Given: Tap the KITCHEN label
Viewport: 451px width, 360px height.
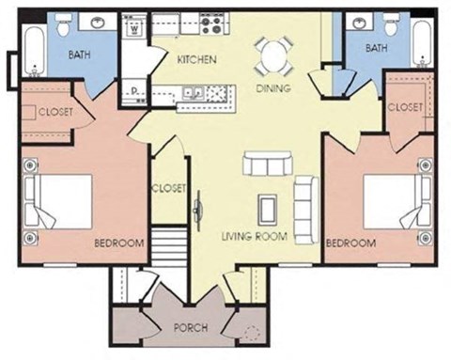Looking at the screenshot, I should (x=197, y=60).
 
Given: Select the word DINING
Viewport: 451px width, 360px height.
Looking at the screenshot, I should (x=272, y=88).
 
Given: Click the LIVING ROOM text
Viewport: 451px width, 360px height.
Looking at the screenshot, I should (x=255, y=236).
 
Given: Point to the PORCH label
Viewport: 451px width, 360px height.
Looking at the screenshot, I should (x=191, y=328).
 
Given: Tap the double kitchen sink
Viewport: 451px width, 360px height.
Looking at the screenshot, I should (x=193, y=93).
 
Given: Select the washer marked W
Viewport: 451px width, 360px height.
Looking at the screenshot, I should (x=136, y=28).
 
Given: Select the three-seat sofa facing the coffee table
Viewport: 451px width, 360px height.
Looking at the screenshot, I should (x=266, y=164).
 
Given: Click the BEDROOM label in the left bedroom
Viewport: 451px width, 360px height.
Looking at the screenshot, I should (x=118, y=243).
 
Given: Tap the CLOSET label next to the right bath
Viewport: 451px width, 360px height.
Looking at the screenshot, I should (x=405, y=107).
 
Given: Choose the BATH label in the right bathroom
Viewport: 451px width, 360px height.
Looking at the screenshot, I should (x=376, y=47).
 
